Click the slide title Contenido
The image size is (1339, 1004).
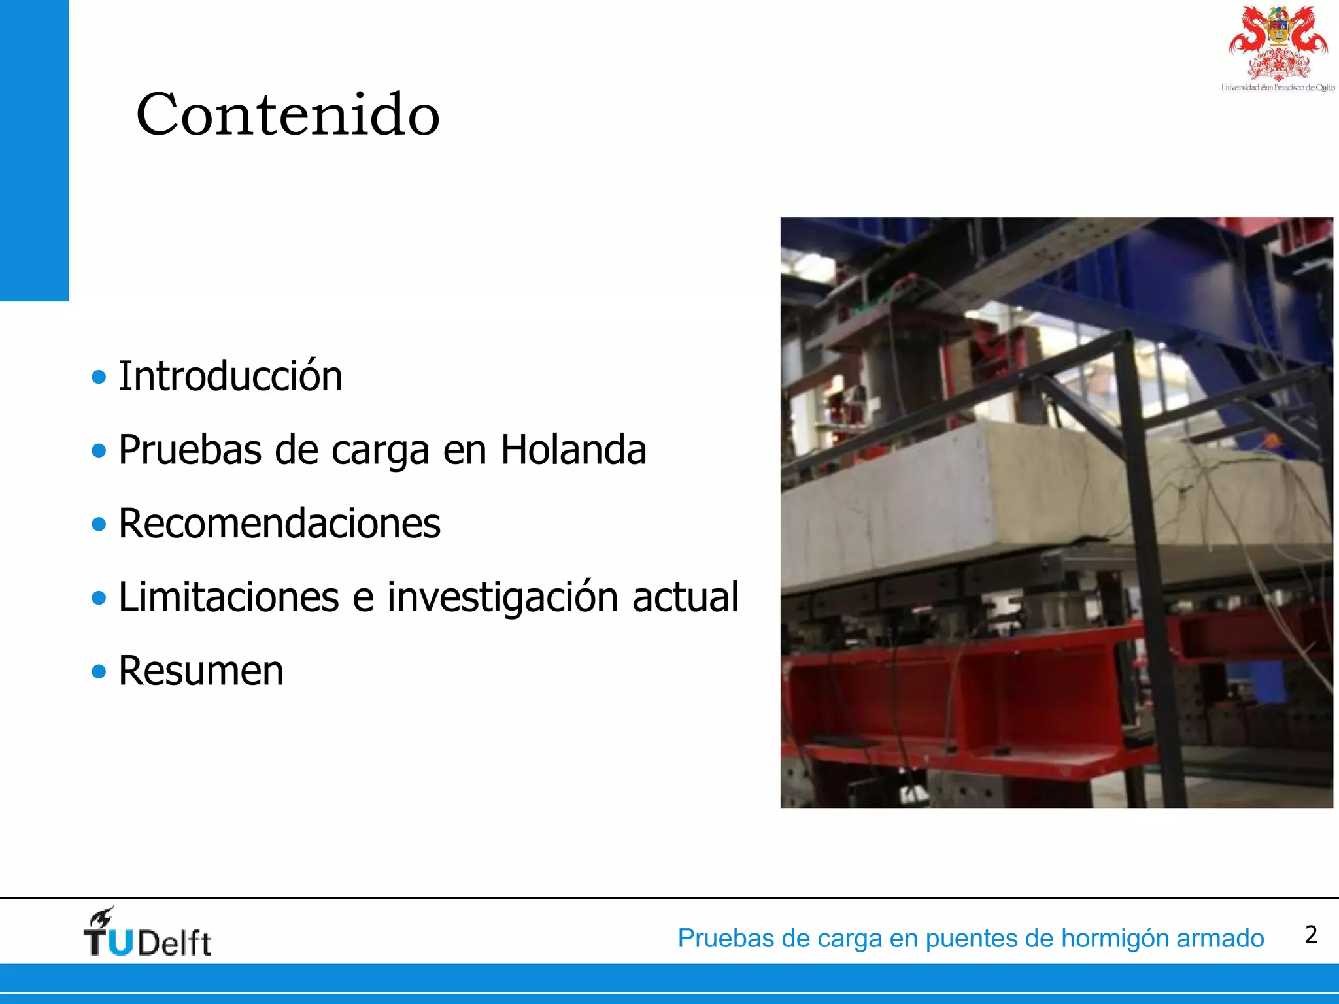288,114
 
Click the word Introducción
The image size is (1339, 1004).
230,376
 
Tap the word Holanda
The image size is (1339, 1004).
573,450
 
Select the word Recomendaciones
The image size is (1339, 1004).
279,524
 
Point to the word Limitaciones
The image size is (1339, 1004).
228,597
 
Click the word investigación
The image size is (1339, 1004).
502,598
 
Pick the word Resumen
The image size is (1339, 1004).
201,671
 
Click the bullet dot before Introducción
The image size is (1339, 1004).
99,377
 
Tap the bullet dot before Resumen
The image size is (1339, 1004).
99,671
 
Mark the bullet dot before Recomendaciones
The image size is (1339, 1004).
99,524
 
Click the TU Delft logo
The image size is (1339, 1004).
146,933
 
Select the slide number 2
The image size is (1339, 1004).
1311,935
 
